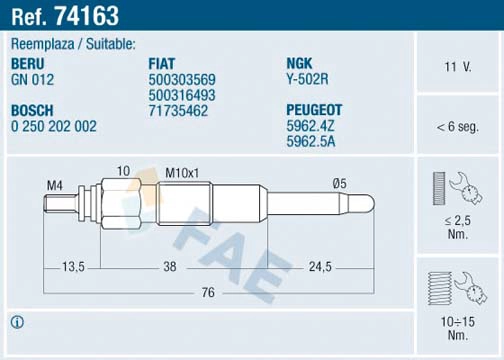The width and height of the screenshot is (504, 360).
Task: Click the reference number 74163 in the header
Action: click(x=90, y=16)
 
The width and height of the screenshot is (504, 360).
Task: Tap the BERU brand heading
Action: click(x=31, y=63)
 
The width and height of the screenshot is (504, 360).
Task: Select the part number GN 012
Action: click(x=34, y=79)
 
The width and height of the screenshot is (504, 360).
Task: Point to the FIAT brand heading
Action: click(x=164, y=63)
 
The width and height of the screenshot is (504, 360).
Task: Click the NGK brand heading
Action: click(x=301, y=63)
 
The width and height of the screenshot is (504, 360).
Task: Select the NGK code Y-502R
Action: click(x=309, y=79)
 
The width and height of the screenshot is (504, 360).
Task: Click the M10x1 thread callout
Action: click(x=182, y=171)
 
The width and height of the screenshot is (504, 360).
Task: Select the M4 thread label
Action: click(x=55, y=186)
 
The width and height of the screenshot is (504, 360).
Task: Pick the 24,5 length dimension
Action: click(x=319, y=267)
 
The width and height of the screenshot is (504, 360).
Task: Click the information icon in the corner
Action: click(x=16, y=321)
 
